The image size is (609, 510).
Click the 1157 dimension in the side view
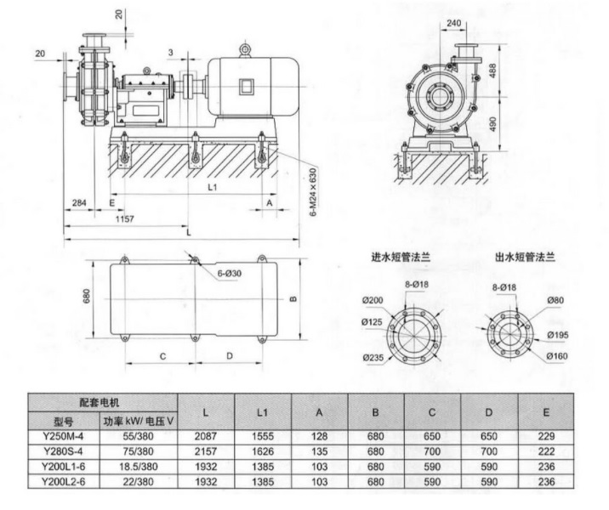point(124,219)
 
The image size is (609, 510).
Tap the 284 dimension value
point(78,203)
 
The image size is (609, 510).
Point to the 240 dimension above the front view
point(455,23)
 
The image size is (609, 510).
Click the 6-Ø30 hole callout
point(229,274)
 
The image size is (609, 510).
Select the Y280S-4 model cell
point(64,450)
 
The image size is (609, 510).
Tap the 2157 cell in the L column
point(207,450)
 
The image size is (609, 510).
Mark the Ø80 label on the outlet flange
point(555,299)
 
